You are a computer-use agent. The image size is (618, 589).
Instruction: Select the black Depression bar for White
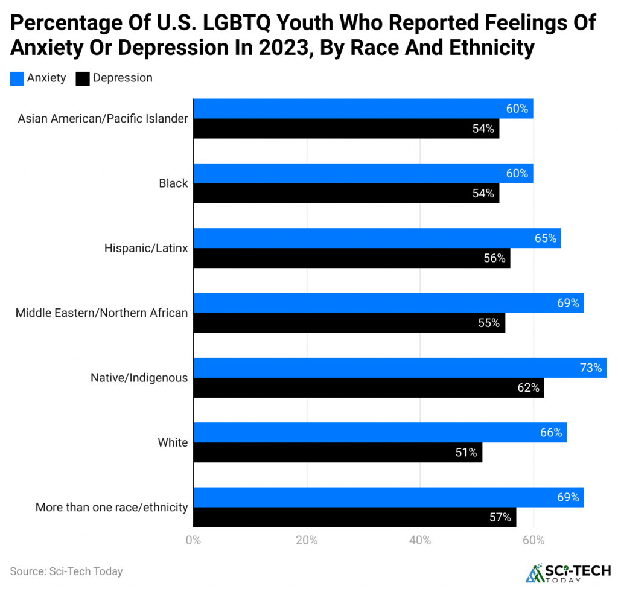[337, 452]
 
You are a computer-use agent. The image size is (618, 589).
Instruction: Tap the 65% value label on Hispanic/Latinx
[545, 238]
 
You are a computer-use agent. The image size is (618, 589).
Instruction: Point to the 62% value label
[528, 387]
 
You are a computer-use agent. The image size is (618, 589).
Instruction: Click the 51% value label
[467, 452]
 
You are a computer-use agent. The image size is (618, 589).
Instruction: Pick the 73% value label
[591, 368]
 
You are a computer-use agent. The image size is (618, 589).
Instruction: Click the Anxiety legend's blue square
[17, 78]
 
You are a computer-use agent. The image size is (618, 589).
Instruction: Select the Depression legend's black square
[83, 78]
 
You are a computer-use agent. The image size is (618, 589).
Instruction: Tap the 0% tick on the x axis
[193, 540]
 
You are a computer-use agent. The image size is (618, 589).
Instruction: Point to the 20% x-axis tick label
[307, 540]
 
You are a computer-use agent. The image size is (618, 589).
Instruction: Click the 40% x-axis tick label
[420, 540]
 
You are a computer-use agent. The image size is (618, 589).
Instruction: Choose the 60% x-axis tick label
[534, 540]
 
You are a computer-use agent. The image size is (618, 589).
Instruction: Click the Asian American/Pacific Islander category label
[103, 119]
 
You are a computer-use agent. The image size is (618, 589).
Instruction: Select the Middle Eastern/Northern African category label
[101, 313]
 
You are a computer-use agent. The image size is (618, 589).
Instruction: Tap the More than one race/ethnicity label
[112, 508]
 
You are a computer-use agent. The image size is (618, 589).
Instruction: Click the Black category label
[174, 183]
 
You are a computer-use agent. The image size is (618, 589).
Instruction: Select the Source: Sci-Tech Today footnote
[66, 571]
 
